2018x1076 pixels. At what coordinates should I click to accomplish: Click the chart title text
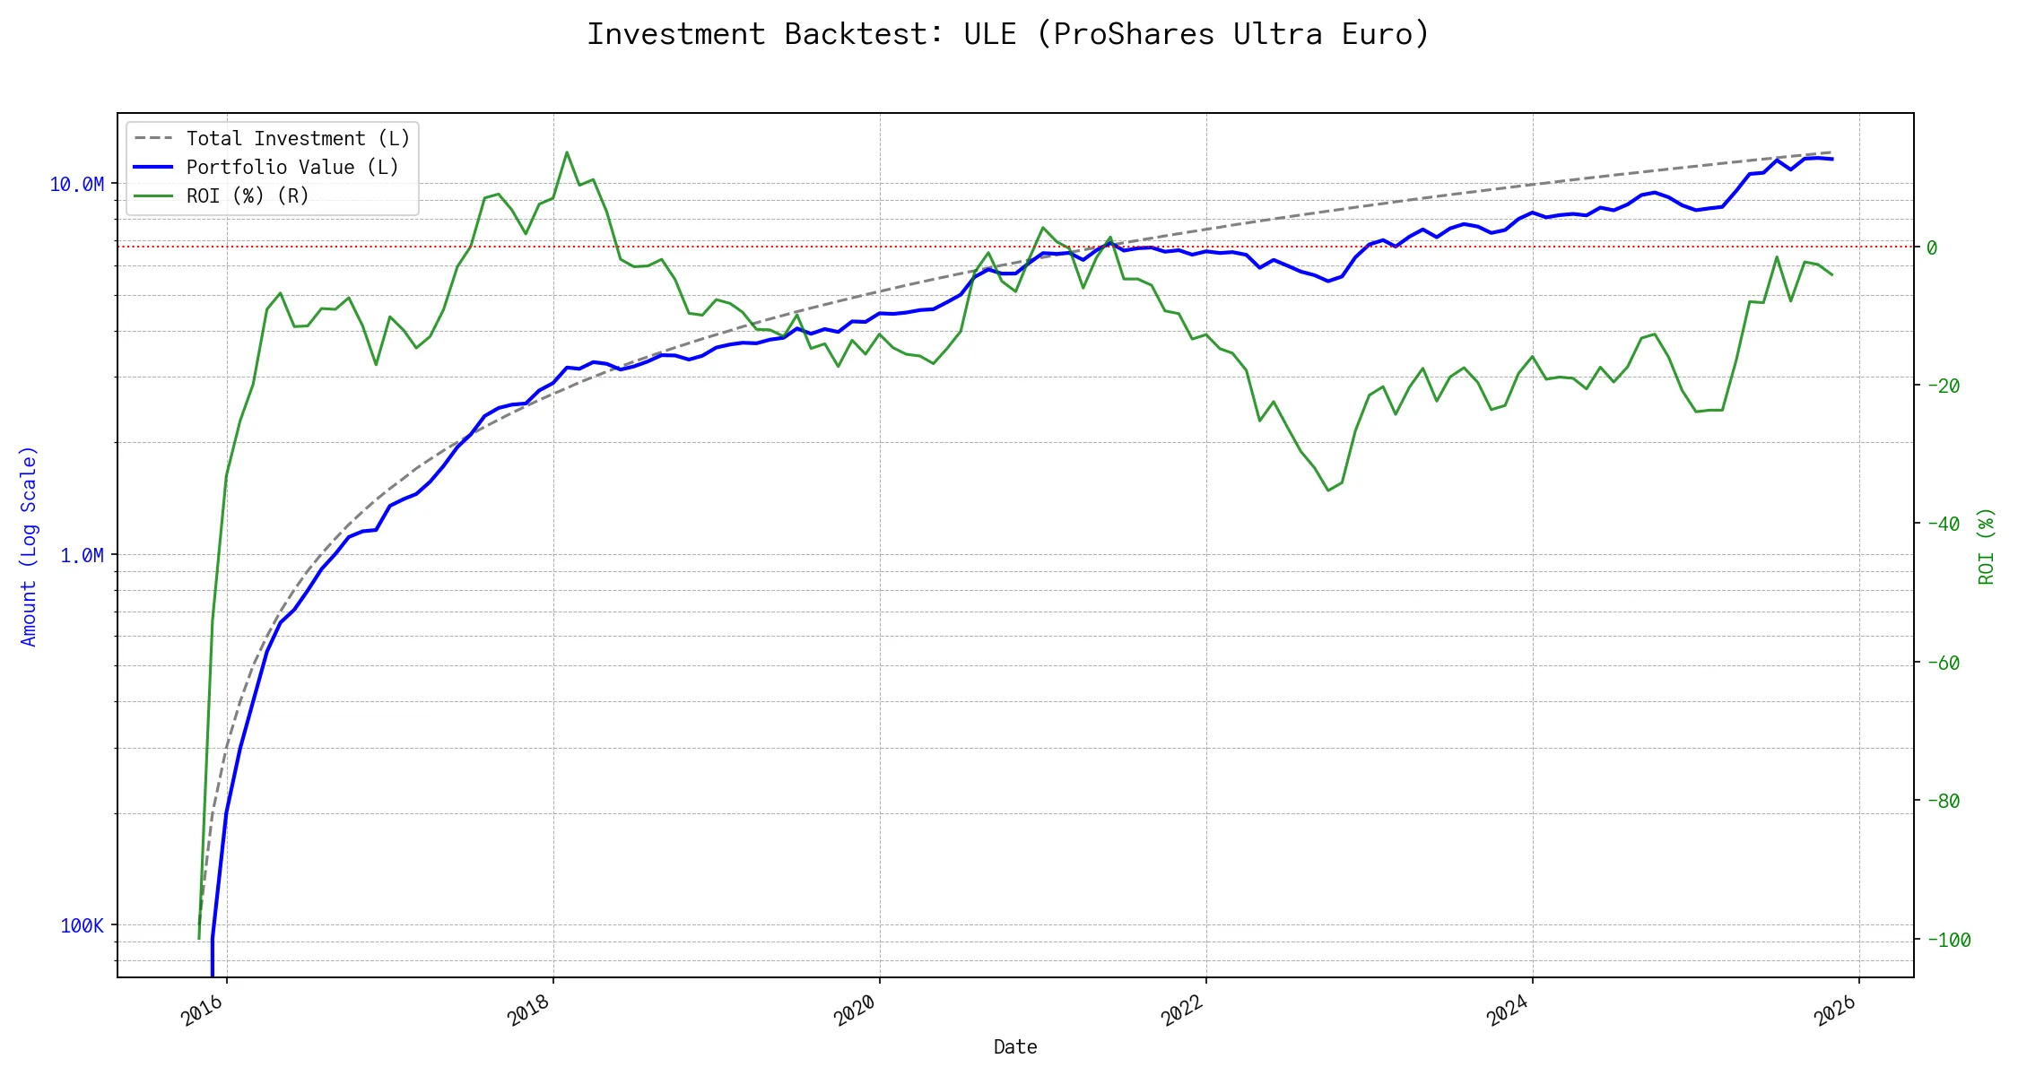(x=1008, y=34)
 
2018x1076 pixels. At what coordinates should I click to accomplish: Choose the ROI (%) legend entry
(x=247, y=196)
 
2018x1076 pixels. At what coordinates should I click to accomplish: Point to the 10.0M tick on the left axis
(x=76, y=185)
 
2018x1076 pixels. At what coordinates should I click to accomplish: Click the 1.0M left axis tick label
(x=82, y=556)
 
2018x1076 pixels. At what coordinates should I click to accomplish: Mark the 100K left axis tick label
(x=82, y=926)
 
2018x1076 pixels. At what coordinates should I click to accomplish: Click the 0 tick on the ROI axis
(x=1932, y=247)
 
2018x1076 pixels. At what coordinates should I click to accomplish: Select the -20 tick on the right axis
(x=1943, y=386)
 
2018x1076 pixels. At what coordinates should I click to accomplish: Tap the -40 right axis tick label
(x=1943, y=524)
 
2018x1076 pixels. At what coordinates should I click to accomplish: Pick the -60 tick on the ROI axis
(x=1943, y=663)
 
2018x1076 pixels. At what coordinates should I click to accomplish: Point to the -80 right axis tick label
(x=1943, y=801)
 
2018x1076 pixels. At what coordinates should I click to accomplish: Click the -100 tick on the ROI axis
(x=1948, y=940)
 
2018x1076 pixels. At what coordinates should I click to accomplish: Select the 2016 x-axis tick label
(x=203, y=1011)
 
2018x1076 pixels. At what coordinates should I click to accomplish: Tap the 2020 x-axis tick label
(x=856, y=1011)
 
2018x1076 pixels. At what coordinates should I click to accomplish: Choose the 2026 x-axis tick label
(x=1835, y=1011)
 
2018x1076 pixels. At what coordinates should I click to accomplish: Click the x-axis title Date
(x=1015, y=1047)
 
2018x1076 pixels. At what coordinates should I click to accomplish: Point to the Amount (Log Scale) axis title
(x=29, y=546)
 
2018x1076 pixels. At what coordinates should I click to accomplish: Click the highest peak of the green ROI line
(x=567, y=152)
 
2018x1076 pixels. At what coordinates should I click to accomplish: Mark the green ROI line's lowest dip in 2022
(x=1328, y=490)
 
